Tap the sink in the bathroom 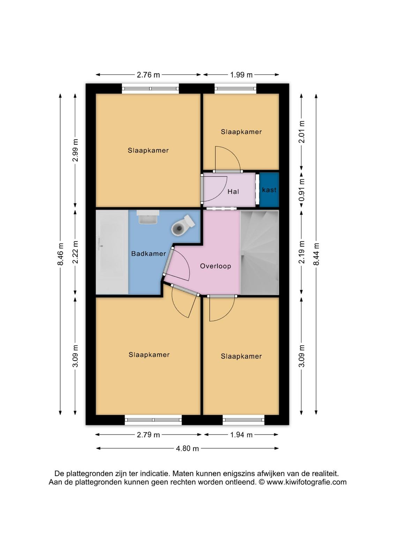tap(148, 217)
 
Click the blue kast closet tap(269, 190)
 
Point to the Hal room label tap(233, 191)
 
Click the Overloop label tap(216, 266)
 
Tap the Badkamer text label tap(149, 254)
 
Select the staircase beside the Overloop tap(259, 252)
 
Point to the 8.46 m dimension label tap(61, 254)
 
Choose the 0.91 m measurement tap(301, 190)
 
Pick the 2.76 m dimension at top tap(148, 75)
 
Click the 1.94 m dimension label tap(241, 435)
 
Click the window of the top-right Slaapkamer tap(235, 89)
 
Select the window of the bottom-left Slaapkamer tap(153, 420)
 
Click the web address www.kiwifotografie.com tap(306, 482)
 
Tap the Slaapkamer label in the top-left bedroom tap(148, 150)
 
